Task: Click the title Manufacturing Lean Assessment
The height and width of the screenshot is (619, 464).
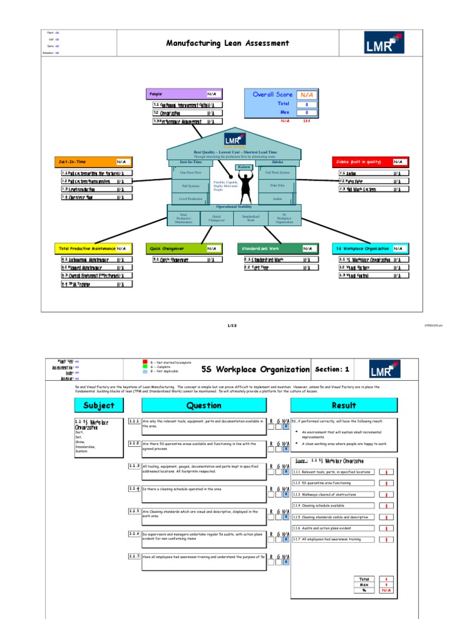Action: click(227, 43)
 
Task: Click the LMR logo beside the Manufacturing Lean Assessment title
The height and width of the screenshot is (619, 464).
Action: click(384, 43)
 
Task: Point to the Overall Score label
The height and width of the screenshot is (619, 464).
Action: click(272, 94)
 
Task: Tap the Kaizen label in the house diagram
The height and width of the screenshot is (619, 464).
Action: click(243, 167)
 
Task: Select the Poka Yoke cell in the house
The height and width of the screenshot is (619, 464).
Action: click(277, 185)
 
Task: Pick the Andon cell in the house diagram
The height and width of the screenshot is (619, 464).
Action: click(277, 198)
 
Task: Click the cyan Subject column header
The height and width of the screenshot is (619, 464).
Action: click(99, 405)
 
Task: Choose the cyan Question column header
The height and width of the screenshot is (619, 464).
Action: click(204, 405)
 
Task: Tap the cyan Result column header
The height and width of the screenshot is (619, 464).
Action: click(344, 405)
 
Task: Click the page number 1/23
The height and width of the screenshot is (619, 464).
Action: click(231, 326)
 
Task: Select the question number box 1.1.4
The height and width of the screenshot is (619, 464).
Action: click(134, 488)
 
